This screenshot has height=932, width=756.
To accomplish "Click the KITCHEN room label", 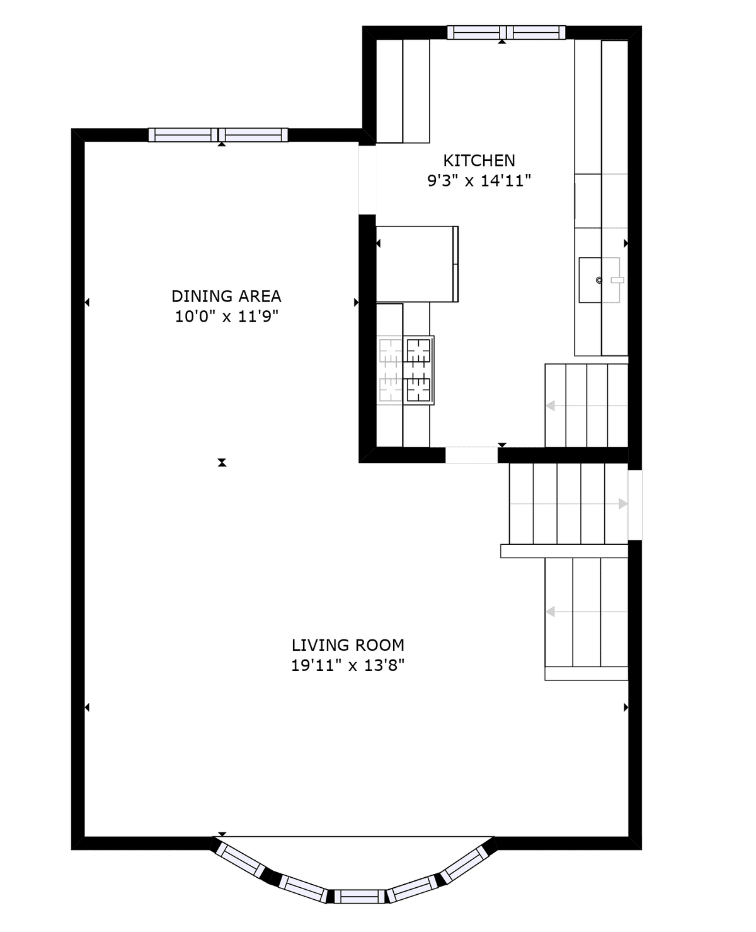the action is click(x=479, y=161).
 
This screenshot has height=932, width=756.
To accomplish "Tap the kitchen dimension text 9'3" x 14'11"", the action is click(x=479, y=180).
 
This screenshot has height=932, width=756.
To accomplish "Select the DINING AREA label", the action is click(x=226, y=296).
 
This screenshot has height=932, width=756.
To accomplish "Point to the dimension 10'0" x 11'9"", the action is click(x=226, y=316).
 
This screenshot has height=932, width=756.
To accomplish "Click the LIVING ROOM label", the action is click(x=348, y=645).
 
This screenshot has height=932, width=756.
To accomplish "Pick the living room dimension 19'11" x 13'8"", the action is click(x=348, y=665).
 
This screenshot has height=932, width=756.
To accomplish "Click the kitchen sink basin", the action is click(x=590, y=280).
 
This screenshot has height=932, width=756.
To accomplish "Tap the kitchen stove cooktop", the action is click(x=419, y=370).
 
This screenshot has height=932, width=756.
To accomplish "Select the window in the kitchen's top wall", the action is click(x=506, y=32).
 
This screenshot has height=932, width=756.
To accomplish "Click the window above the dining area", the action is click(x=218, y=135).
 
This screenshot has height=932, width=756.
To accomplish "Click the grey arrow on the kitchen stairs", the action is click(x=587, y=405).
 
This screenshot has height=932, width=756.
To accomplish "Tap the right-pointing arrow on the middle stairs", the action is click(x=569, y=504).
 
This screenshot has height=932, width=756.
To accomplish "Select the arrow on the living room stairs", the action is click(x=587, y=611).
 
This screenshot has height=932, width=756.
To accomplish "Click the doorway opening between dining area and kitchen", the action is click(x=367, y=180).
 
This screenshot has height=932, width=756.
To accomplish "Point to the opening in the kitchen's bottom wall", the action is click(x=471, y=455).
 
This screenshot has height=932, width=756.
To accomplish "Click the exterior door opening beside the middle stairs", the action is click(x=635, y=505).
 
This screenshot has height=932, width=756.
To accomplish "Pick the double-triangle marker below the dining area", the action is click(x=222, y=462).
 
